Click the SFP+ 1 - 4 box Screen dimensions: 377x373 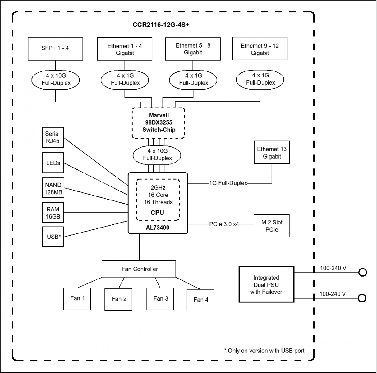pyautogui.click(x=55, y=49)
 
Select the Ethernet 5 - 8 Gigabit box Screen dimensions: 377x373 pyautogui.click(x=193, y=49)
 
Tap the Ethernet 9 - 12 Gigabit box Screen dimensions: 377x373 pyautogui.click(x=260, y=48)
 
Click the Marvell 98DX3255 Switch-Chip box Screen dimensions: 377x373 pyautogui.click(x=159, y=123)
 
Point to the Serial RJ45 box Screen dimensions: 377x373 pyautogui.click(x=53, y=137)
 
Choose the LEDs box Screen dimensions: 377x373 pyautogui.click(x=53, y=163)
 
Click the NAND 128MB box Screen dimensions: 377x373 pyautogui.click(x=53, y=188)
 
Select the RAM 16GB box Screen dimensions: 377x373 pyautogui.click(x=53, y=212)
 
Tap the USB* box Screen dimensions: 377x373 pyautogui.click(x=53, y=237)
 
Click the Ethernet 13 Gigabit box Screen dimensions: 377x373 pyautogui.click(x=272, y=152)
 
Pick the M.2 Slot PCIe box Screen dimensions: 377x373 pyautogui.click(x=272, y=226)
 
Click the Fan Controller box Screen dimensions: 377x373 pyautogui.click(x=139, y=269)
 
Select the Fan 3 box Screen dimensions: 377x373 pyautogui.click(x=160, y=299)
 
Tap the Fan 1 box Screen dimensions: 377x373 pyautogui.click(x=77, y=299)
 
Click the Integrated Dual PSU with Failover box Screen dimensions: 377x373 pyautogui.click(x=266, y=284)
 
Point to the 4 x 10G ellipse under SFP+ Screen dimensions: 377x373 pyautogui.click(x=56, y=80)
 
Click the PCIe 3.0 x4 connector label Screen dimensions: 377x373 pyautogui.click(x=224, y=224)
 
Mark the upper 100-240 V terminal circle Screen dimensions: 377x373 pyautogui.click(x=362, y=272)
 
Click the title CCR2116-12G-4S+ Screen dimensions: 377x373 pyautogui.click(x=161, y=25)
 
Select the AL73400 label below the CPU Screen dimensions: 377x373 pyautogui.click(x=158, y=228)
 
